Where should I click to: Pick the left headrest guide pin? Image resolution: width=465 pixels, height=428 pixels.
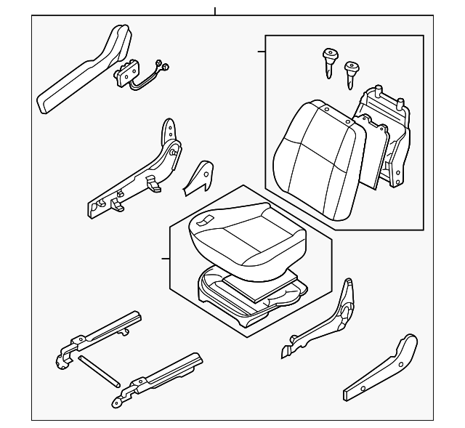[x=329, y=60]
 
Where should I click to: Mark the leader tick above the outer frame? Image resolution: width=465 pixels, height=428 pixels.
[x=215, y=11]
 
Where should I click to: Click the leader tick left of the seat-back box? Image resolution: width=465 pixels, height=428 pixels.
[x=261, y=52]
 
